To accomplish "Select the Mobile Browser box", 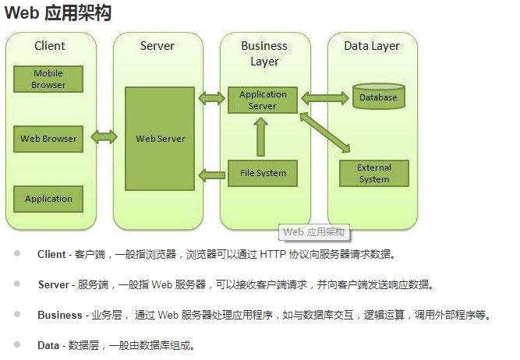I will coord(48,79).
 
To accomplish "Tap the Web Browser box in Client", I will coord(48,139).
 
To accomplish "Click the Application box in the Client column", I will coord(48,199).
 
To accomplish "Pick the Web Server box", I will coord(160,138).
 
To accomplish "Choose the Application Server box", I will coord(263,100).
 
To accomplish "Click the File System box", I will coord(263,173).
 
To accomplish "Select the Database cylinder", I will coord(378,97).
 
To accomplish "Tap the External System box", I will coord(374,173).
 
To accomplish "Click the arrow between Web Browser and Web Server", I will coord(104,138).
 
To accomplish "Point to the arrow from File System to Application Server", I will coord(262,137).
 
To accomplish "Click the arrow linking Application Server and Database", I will coord(324,97).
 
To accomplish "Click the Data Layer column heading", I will coord(372,46).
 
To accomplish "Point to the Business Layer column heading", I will coord(264,53).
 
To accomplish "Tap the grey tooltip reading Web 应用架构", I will coord(313,232).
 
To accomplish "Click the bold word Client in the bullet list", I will coord(51,255).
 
